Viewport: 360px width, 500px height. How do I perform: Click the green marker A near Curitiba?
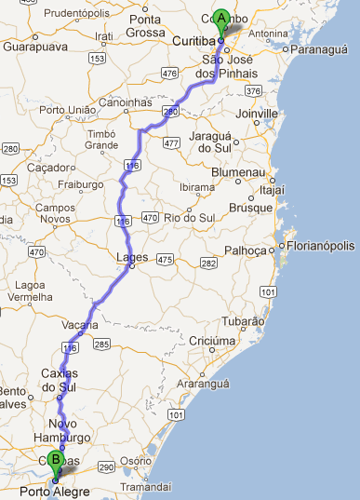click(x=221, y=18)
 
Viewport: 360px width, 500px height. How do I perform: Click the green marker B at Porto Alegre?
click(x=55, y=460)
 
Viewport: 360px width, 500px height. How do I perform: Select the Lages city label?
click(x=125, y=260)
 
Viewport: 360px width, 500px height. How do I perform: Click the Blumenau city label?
click(x=244, y=173)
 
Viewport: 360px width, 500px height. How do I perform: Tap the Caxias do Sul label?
click(x=61, y=380)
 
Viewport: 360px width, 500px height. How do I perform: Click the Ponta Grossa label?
click(x=145, y=25)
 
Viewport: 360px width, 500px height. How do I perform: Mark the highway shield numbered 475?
click(x=165, y=258)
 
